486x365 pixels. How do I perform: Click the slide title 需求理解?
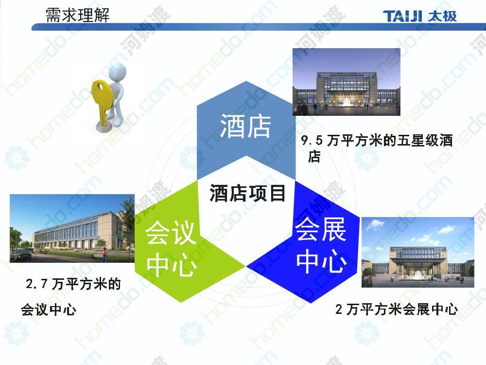(x=77, y=15)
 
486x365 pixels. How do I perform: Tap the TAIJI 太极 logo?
(x=420, y=16)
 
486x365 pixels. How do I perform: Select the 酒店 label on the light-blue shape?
(x=245, y=126)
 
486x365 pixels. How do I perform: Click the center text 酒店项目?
(x=247, y=193)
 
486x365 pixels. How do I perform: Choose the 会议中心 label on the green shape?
(x=171, y=248)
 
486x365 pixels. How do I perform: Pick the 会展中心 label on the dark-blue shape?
(x=321, y=245)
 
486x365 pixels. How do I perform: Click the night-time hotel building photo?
(x=347, y=82)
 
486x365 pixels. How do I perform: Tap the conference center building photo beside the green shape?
(x=72, y=228)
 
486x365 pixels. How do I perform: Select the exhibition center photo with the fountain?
(x=418, y=252)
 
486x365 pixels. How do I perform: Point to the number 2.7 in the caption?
(x=37, y=284)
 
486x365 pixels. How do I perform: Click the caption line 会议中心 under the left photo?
(x=48, y=310)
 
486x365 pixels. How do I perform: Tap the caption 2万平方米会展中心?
(x=397, y=309)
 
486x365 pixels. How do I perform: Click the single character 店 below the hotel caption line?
(x=314, y=156)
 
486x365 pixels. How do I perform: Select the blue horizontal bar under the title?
(x=259, y=27)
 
